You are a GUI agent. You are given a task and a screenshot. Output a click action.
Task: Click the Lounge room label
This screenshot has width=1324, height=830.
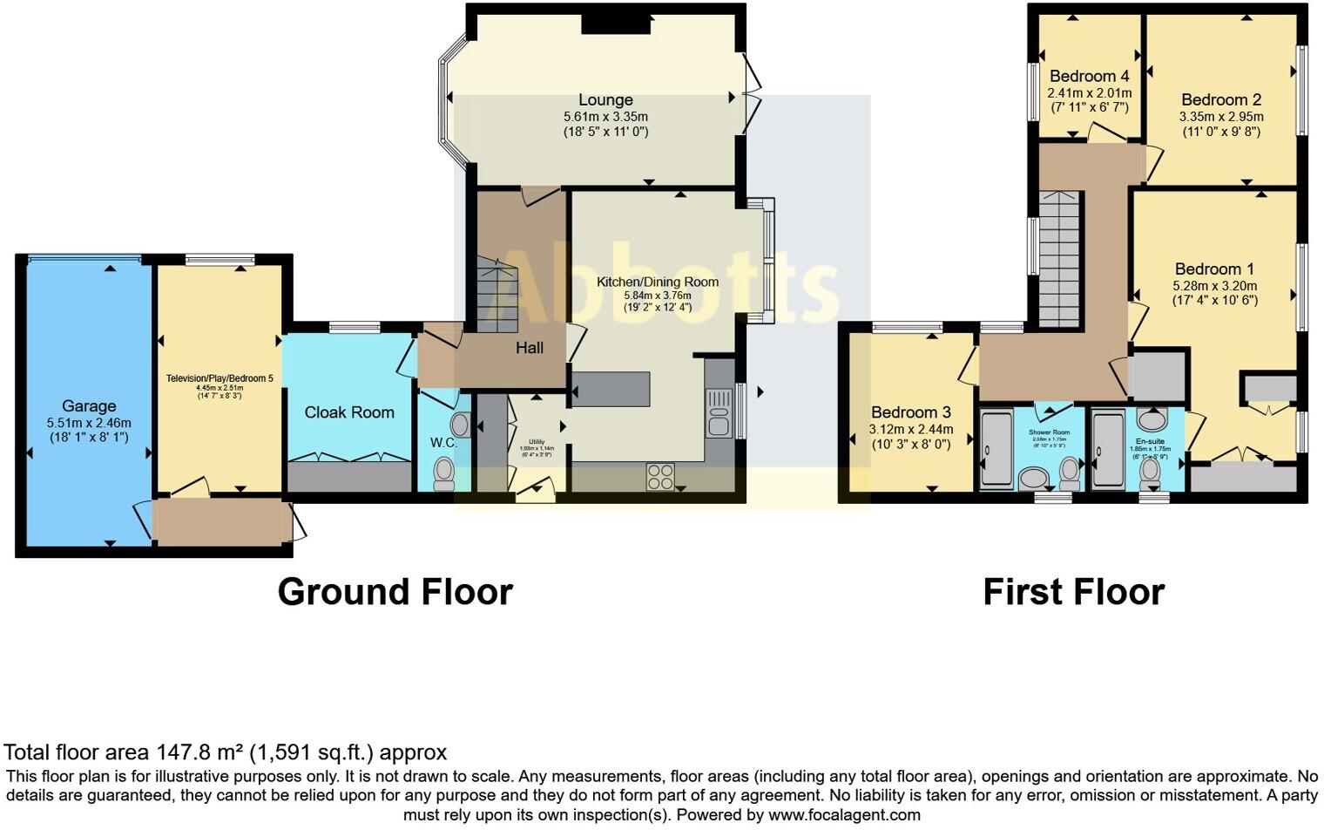tap(605, 100)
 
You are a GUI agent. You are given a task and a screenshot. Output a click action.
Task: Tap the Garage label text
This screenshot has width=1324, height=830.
tap(89, 406)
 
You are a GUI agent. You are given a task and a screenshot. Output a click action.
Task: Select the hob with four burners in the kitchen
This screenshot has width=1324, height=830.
tap(660, 476)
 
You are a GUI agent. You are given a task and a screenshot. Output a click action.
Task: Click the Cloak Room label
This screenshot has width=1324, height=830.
tap(349, 412)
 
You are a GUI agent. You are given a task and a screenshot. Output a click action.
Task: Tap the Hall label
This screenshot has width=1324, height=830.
tap(530, 348)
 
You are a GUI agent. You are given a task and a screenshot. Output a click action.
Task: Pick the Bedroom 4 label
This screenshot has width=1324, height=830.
tap(1089, 76)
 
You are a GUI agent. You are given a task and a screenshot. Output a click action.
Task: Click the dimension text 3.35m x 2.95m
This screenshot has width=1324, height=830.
tap(1221, 116)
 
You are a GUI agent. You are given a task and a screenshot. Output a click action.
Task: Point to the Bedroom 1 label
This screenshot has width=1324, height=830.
tap(1215, 269)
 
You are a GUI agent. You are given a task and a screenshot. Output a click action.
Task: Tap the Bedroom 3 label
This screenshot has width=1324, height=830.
tap(911, 412)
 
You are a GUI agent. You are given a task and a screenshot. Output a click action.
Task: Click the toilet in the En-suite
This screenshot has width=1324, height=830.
tap(1150, 472)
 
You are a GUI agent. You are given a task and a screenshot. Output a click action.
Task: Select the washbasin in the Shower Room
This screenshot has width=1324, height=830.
tap(1034, 478)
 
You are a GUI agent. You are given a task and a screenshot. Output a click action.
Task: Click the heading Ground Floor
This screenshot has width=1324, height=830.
tap(395, 592)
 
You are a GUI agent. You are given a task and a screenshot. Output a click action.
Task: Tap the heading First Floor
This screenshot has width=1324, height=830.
tap(1073, 592)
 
